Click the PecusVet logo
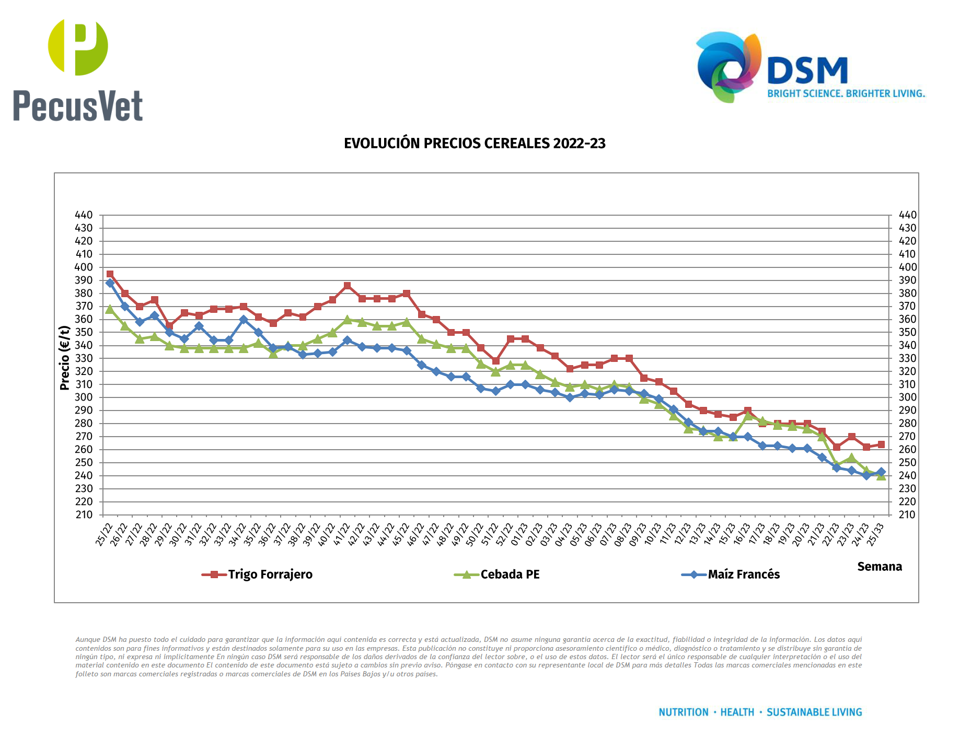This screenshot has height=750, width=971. point(78,71)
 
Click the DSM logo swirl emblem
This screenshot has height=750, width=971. point(729,66)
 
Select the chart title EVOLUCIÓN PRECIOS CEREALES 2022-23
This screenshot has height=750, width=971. point(475,144)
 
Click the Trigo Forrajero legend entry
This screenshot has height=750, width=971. point(258,575)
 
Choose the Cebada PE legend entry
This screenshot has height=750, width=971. point(498,575)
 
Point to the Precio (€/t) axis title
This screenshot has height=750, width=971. point(65,358)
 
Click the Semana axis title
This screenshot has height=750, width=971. point(880,567)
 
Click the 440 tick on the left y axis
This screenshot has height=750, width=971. point(84,215)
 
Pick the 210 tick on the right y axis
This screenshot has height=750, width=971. point(907,514)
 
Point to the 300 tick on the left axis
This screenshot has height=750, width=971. point(84,397)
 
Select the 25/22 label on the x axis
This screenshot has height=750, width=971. point(105,534)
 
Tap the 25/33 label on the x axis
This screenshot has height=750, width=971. point(876,534)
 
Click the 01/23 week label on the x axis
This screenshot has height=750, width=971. point(519,534)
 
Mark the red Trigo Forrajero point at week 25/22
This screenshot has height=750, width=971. point(110,274)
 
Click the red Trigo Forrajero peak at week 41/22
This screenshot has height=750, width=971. point(348,286)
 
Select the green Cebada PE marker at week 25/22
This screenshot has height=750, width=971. point(110,309)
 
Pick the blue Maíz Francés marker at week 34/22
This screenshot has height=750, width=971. point(244,320)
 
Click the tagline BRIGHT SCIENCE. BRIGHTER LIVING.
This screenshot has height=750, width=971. point(846,93)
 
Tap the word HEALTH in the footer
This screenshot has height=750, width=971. point(737,712)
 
